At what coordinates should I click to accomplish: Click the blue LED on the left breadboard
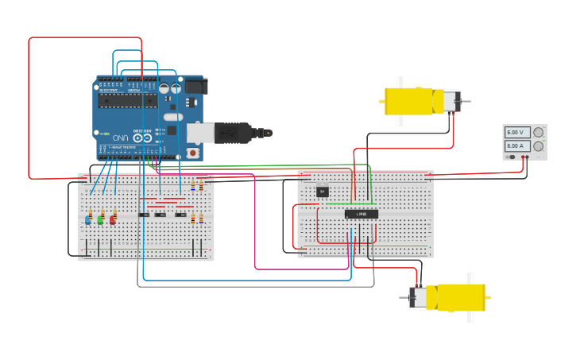87,220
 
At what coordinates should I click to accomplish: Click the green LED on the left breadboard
100,220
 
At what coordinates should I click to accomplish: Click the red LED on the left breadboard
112,220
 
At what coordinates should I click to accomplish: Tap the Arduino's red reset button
191,152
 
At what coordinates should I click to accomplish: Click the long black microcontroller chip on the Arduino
127,101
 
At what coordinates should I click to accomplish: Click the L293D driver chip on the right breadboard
361,214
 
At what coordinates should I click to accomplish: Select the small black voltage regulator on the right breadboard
322,191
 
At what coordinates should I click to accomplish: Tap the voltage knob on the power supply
539,133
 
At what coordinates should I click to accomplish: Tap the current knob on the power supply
539,146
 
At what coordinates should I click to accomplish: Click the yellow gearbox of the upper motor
409,102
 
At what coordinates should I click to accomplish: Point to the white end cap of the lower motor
418,297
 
